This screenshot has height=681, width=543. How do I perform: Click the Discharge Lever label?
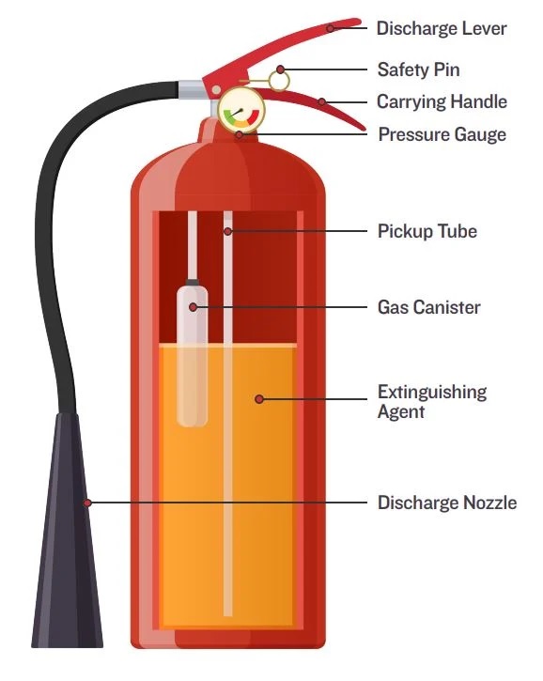(x=442, y=29)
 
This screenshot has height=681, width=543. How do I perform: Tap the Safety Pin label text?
(x=418, y=70)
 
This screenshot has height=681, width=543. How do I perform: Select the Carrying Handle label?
(x=442, y=102)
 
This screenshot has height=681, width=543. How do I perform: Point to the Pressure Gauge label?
(x=442, y=134)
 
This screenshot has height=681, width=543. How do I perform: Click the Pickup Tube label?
(x=427, y=231)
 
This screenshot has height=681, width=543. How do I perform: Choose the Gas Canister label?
(x=428, y=307)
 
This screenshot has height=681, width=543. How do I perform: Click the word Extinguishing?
(x=432, y=393)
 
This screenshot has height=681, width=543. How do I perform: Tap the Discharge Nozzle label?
(x=447, y=503)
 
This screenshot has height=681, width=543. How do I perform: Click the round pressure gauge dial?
(x=241, y=110)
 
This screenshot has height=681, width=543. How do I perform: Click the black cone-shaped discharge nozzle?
(x=68, y=530)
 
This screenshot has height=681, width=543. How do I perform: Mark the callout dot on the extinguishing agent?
(x=259, y=398)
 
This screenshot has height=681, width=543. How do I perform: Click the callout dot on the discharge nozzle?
(x=87, y=503)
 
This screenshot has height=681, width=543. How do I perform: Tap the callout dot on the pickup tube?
(x=228, y=231)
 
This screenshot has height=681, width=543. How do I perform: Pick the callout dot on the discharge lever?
(x=330, y=29)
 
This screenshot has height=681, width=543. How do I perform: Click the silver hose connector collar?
(x=191, y=89)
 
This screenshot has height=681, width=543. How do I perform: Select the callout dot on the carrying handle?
(x=321, y=102)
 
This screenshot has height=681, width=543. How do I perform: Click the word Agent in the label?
(x=400, y=412)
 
